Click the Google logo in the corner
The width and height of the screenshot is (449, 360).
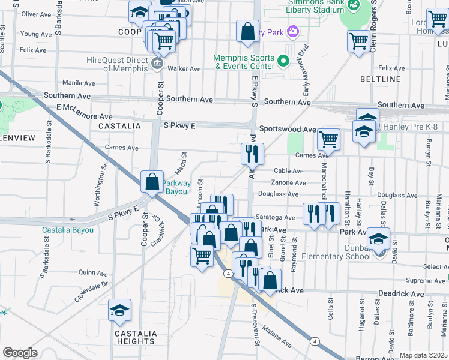(x=20, y=353)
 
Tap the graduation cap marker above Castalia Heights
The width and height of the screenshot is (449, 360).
(x=119, y=310)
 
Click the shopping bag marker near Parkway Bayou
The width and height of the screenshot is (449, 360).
(x=153, y=182)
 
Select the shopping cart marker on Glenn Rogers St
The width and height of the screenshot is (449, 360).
(x=358, y=41)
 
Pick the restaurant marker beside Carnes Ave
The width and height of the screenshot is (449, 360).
(x=252, y=154)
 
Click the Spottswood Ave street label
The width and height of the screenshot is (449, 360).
(x=288, y=129)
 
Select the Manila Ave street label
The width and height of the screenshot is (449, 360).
(x=79, y=83)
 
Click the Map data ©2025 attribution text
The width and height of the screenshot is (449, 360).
(x=423, y=355)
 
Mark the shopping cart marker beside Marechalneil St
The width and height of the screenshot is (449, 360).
(x=328, y=139)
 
